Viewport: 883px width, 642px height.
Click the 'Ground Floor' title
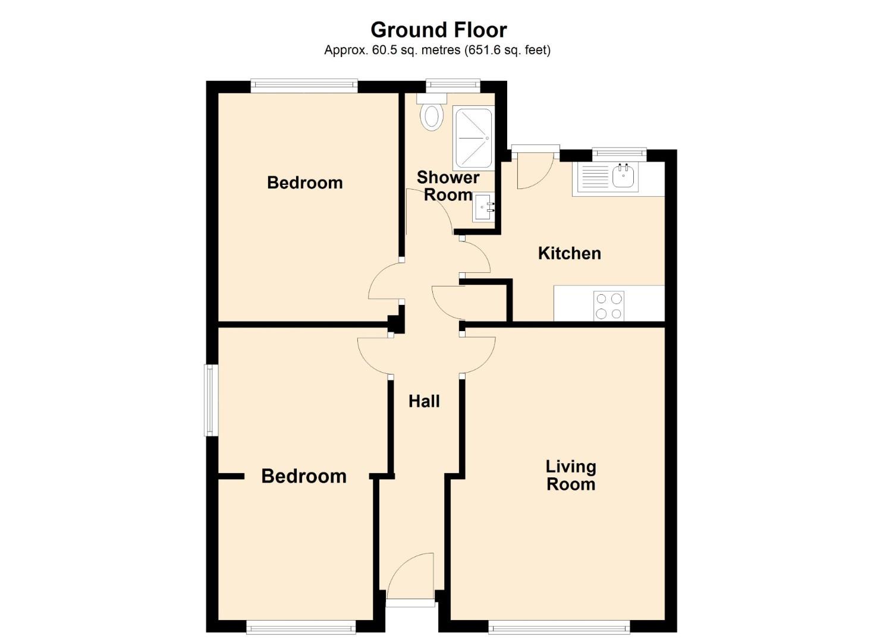(x=438, y=30)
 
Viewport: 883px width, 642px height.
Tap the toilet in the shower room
(x=432, y=112)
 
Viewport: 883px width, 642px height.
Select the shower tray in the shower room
(x=473, y=138)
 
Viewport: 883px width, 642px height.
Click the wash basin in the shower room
(x=483, y=207)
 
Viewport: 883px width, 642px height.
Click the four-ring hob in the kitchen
(x=609, y=306)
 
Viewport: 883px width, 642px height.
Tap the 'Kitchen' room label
(x=570, y=253)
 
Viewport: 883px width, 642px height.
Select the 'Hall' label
(x=424, y=402)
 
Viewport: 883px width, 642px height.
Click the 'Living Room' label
(x=570, y=476)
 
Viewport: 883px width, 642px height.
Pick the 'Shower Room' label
(x=448, y=186)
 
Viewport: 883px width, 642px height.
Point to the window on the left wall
(x=211, y=401)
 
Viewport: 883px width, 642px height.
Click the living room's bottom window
(x=560, y=626)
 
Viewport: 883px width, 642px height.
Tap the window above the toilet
(x=453, y=87)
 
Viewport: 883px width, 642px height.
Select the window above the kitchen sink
(x=619, y=155)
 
